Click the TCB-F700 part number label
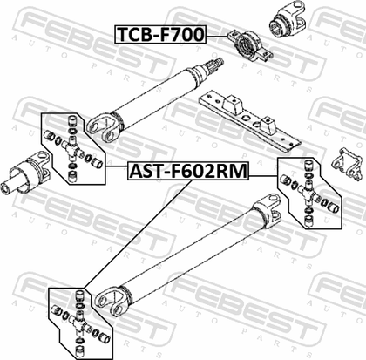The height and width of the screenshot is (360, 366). click(x=160, y=34)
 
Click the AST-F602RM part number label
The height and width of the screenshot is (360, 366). click(x=188, y=171)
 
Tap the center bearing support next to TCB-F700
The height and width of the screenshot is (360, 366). click(x=249, y=46)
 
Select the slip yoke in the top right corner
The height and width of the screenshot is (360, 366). click(x=288, y=18)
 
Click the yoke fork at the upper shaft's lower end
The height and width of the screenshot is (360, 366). click(x=102, y=128)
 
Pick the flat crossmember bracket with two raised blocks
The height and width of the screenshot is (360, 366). click(x=249, y=121)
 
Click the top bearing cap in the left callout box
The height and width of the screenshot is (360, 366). click(x=71, y=120)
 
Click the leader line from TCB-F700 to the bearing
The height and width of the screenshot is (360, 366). click(x=216, y=36)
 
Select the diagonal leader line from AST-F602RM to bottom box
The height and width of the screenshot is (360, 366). click(x=138, y=234)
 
